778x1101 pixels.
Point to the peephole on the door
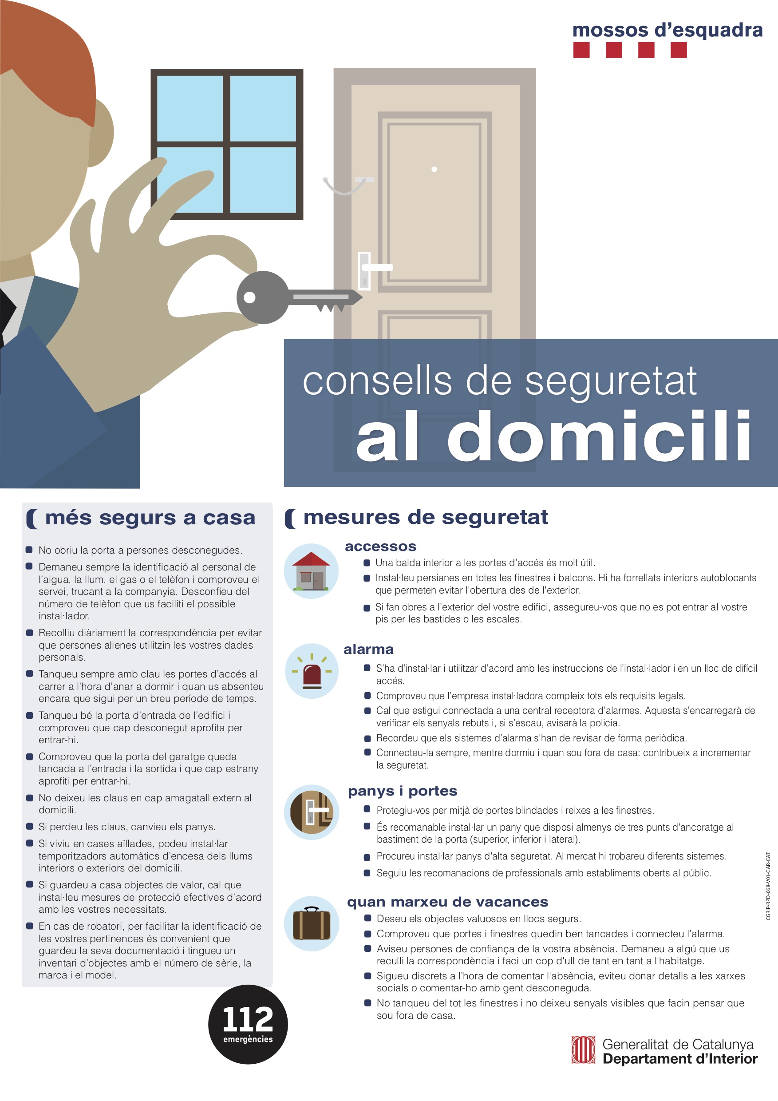[x=434, y=169]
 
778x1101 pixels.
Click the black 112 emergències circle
[x=248, y=1025]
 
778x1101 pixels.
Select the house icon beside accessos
[x=311, y=571]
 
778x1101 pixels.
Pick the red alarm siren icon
[x=312, y=671]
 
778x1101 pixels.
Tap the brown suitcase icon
[x=312, y=923]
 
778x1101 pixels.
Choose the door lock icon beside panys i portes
[x=312, y=812]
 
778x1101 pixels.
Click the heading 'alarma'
[x=369, y=650]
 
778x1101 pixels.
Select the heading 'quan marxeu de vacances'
[x=448, y=902]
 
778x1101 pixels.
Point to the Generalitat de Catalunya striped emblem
[x=583, y=1050]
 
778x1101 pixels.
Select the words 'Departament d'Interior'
[x=680, y=1059]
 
